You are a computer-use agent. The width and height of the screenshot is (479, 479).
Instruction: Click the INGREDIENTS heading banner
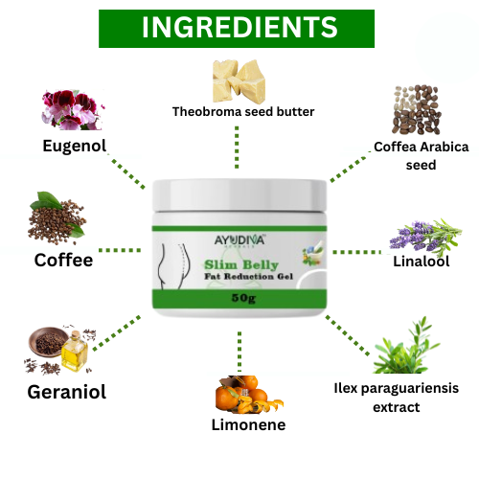[x=239, y=28]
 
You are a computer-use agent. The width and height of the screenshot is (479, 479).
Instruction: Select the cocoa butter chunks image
[x=239, y=76]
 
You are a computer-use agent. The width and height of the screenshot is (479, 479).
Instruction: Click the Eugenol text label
[x=74, y=146]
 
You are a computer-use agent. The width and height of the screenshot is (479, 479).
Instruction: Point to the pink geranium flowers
[x=70, y=108]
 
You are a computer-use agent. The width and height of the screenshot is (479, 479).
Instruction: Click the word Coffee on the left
[x=63, y=260]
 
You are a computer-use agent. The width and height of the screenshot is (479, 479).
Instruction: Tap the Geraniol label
[x=66, y=391]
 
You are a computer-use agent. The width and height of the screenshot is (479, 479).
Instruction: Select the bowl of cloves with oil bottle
[x=57, y=351]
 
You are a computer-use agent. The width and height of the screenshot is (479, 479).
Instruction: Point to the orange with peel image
[x=237, y=391]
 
